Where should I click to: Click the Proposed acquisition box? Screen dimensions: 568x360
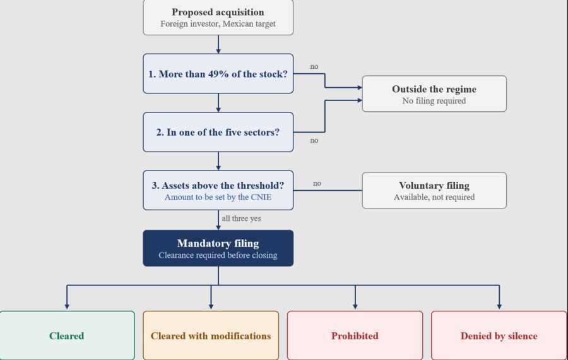[x=218, y=18]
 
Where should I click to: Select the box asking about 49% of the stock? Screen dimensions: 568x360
[x=218, y=74]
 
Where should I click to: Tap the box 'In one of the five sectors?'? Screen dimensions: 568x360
[x=218, y=132]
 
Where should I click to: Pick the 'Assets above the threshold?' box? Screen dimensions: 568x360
[x=218, y=190]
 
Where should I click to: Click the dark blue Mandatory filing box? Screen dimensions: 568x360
[x=218, y=248]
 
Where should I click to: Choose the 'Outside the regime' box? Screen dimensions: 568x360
[x=434, y=94]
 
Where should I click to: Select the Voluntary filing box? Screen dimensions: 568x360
[x=434, y=190]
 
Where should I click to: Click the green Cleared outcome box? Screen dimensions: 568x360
[x=67, y=335]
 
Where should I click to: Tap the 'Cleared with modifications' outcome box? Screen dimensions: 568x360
[x=211, y=335]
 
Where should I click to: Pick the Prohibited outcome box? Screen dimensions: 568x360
[x=355, y=335]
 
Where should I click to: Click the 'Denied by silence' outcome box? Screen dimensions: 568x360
[x=499, y=335]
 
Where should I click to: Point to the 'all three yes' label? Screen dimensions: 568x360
[x=241, y=219]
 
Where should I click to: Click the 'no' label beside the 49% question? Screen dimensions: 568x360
[x=314, y=66]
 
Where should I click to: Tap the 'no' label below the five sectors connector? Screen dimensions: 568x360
[x=314, y=140]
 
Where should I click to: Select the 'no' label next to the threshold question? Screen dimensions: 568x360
[x=317, y=183]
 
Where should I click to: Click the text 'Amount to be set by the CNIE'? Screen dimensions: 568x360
[x=218, y=197]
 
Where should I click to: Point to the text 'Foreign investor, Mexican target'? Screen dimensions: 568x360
[x=218, y=24]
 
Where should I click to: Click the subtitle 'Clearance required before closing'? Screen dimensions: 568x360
[x=218, y=255]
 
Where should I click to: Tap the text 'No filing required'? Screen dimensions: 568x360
[x=434, y=101]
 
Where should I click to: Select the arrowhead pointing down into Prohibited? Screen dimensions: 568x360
[x=355, y=307]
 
